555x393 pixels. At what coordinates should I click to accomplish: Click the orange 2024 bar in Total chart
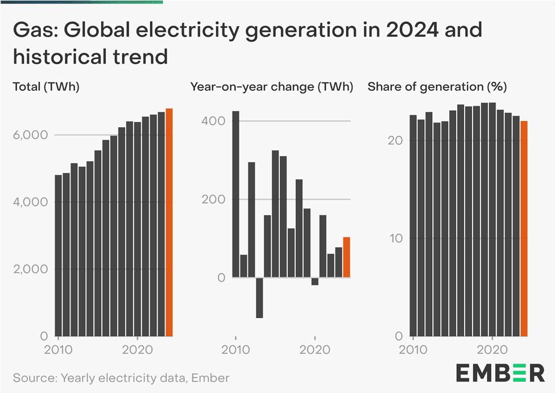coord(169,221)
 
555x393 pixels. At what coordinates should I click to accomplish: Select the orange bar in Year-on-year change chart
coord(346,257)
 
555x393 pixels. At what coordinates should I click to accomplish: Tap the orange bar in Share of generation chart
coord(524,228)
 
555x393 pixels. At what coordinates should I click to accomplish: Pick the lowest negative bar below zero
coord(259,298)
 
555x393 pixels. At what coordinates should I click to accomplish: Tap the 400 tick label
coord(213,121)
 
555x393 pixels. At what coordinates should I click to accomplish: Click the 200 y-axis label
coord(213,199)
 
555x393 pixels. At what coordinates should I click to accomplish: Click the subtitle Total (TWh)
coord(46,87)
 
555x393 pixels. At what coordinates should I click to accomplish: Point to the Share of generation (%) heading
coord(437,87)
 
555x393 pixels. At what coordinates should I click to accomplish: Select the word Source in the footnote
coord(33,378)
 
